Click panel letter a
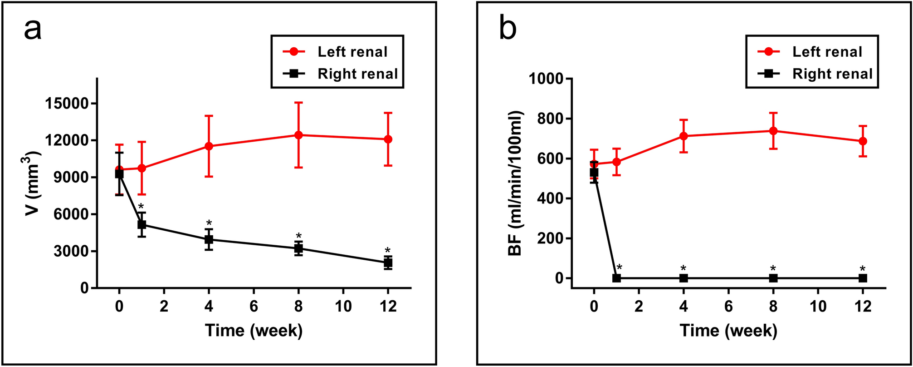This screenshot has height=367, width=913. coord(33,30)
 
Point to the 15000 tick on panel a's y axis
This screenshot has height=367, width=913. coord(68,104)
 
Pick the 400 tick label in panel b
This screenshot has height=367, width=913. coord(550,198)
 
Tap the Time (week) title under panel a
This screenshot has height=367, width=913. coord(254,330)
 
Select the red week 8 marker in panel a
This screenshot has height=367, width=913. coord(298,135)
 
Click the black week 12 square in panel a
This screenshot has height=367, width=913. coord(388,263)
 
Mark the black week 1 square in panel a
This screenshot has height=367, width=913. coord(142,224)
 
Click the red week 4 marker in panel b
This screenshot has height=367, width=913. coord(684,136)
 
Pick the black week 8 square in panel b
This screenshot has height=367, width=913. coord(773,278)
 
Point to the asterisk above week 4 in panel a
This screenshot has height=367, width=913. coord(209,223)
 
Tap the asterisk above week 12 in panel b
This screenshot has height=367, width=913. coord(862,268)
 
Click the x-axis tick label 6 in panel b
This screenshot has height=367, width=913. coord(728,307)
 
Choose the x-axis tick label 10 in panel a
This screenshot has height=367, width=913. coord(343,307)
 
